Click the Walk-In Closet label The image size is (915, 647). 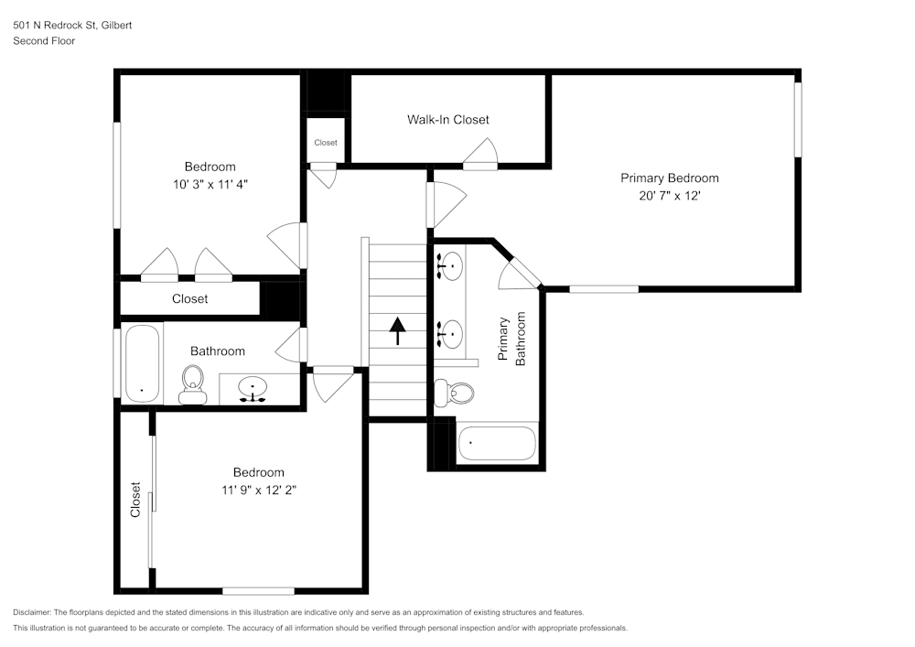point(447,120)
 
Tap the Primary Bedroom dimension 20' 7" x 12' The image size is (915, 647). point(669,196)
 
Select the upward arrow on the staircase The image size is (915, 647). point(398,329)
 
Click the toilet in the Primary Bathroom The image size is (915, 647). point(456,393)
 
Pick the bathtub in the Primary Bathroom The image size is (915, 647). point(496,443)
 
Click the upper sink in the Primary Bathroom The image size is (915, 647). point(449,266)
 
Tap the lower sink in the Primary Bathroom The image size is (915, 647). point(449,334)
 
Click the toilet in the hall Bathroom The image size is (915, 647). point(193,383)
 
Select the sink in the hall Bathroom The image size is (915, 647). point(253,389)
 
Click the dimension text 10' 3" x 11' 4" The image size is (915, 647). point(210,184)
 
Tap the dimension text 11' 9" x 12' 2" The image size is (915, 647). point(258,490)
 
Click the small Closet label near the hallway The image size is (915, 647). point(326,143)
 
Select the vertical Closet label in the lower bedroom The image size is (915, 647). point(135,500)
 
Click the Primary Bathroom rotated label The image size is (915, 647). point(511,340)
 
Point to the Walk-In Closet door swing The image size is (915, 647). point(481,155)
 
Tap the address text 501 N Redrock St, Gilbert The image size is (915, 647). point(72,26)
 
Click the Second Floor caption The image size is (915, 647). point(44,41)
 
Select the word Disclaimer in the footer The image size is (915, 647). point(32,612)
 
